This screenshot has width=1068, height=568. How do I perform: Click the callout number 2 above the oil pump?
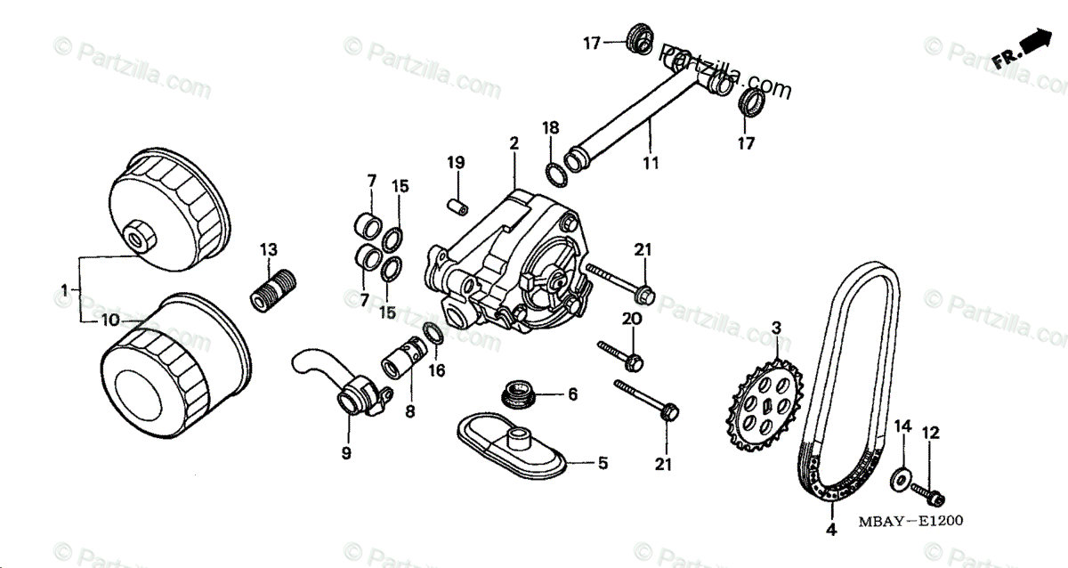tap(514, 142)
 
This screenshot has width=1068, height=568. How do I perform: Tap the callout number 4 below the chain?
tap(830, 531)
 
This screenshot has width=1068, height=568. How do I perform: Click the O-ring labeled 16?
tap(434, 335)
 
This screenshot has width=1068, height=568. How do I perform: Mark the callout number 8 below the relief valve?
tap(410, 412)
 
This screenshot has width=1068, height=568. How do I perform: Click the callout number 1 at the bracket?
tap(65, 289)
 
